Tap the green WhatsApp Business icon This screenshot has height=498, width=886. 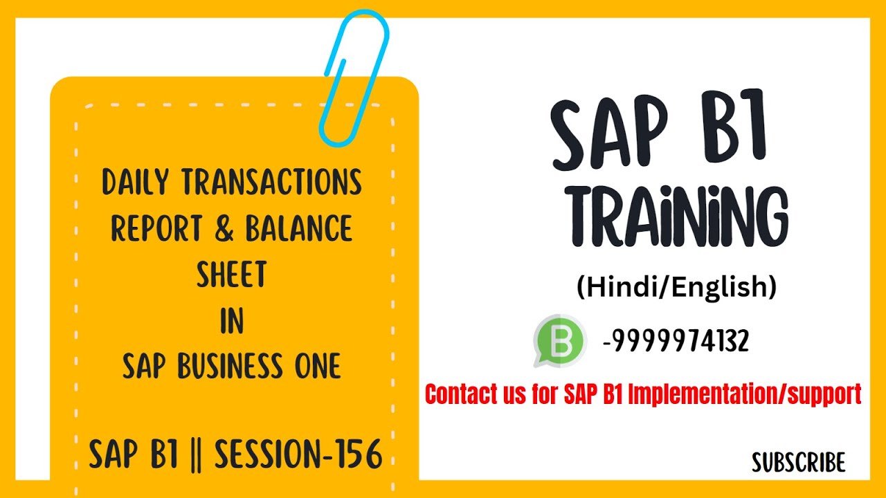[559, 341]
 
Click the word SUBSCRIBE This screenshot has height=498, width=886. [799, 463]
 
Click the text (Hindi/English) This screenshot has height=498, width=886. [676, 287]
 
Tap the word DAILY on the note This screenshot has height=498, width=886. [136, 182]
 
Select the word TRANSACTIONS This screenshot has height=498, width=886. [271, 182]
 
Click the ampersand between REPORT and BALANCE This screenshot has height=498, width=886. [224, 229]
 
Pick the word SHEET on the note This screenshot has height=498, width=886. [232, 275]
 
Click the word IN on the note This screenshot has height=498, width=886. [232, 322]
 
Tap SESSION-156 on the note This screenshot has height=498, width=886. [298, 455]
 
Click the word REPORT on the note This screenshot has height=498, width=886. [158, 229]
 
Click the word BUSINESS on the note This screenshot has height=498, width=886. [233, 367]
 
